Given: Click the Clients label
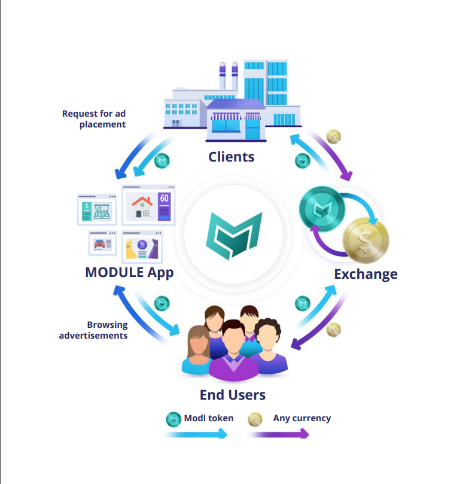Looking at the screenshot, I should point(231,157).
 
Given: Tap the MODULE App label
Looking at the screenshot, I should point(129,273).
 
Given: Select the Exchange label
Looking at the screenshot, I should point(366,274).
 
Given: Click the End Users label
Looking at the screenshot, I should point(233,395).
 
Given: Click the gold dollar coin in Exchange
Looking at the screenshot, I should point(366,241).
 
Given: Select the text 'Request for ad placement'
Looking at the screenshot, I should point(94,118).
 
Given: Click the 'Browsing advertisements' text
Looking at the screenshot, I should point(94,330).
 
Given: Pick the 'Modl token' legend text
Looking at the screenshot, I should point(209,418).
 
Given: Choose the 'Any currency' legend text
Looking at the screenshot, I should point(302,418).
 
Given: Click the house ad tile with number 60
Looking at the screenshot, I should point(148,205).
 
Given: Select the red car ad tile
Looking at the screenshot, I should point(102,243).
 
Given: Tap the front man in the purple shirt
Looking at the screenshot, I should point(233,353).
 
